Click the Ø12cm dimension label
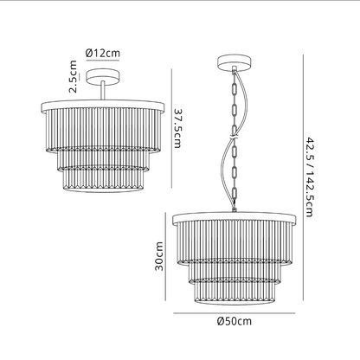tap(103, 54)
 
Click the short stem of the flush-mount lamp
tap(103, 90)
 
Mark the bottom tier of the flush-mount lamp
tap(103, 179)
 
